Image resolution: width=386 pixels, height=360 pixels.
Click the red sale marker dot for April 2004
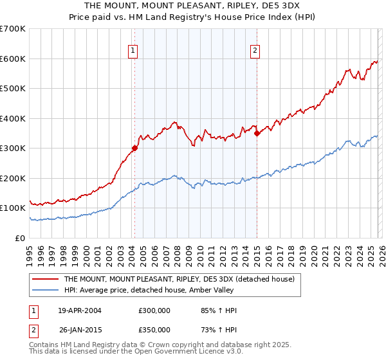click(x=134, y=148)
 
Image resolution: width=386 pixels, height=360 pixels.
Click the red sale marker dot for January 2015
click(x=257, y=133)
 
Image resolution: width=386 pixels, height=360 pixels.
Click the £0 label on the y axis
click(x=21, y=238)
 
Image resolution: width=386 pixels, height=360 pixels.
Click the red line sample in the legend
click(x=46, y=279)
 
